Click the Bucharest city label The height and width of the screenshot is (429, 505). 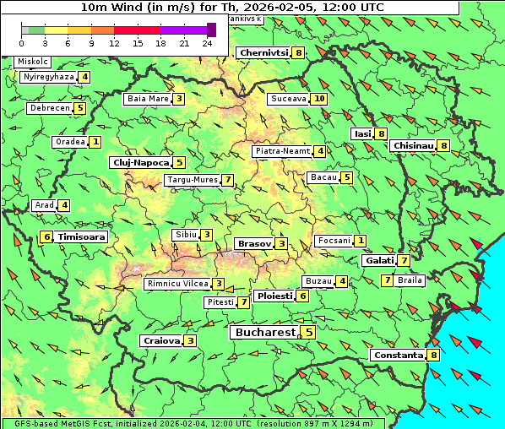(x=264, y=333)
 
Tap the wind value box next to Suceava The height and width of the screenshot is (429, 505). (x=319, y=99)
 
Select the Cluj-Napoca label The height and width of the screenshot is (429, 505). (x=140, y=162)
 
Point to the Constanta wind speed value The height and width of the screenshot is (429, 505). (x=434, y=356)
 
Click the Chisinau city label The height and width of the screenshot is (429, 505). (x=413, y=145)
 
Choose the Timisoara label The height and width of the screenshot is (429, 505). (x=82, y=237)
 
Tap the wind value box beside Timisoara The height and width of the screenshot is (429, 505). (x=46, y=237)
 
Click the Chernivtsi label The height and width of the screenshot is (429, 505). (x=263, y=52)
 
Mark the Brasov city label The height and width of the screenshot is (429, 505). (x=253, y=243)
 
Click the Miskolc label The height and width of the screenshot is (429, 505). (x=33, y=62)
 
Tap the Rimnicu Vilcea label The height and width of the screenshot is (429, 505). (x=176, y=284)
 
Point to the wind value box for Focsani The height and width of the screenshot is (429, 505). (x=361, y=241)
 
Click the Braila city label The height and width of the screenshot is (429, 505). (x=410, y=280)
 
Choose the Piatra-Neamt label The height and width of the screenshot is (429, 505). (x=283, y=151)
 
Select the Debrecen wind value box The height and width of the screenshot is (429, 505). (x=80, y=108)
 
